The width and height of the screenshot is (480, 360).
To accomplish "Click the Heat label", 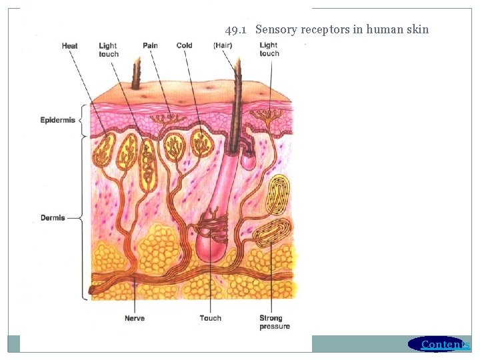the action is click(69, 46).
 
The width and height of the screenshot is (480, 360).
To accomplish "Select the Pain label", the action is click(150, 46).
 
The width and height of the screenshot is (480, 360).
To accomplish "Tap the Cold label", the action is click(184, 46).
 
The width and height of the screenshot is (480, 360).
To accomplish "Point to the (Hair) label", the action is click(223, 46).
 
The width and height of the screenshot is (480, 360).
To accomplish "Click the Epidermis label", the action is click(58, 120).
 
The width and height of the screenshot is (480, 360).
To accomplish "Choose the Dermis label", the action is click(53, 218).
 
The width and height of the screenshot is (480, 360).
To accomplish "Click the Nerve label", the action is click(134, 318).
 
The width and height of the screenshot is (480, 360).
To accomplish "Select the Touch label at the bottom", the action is click(210, 318).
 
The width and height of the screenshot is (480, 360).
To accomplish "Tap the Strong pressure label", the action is click(275, 322).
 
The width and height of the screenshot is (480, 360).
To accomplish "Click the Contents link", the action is click(445, 344).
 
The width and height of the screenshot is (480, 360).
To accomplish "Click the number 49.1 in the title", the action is click(237, 29).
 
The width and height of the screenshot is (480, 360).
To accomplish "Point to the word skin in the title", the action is click(417, 29).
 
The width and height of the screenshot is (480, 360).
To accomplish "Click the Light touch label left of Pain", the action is click(109, 50).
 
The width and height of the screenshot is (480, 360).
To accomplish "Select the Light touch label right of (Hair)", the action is click(269, 49).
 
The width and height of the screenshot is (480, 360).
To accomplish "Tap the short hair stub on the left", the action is click(137, 73).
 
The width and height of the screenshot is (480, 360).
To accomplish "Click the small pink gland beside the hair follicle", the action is click(248, 159).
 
